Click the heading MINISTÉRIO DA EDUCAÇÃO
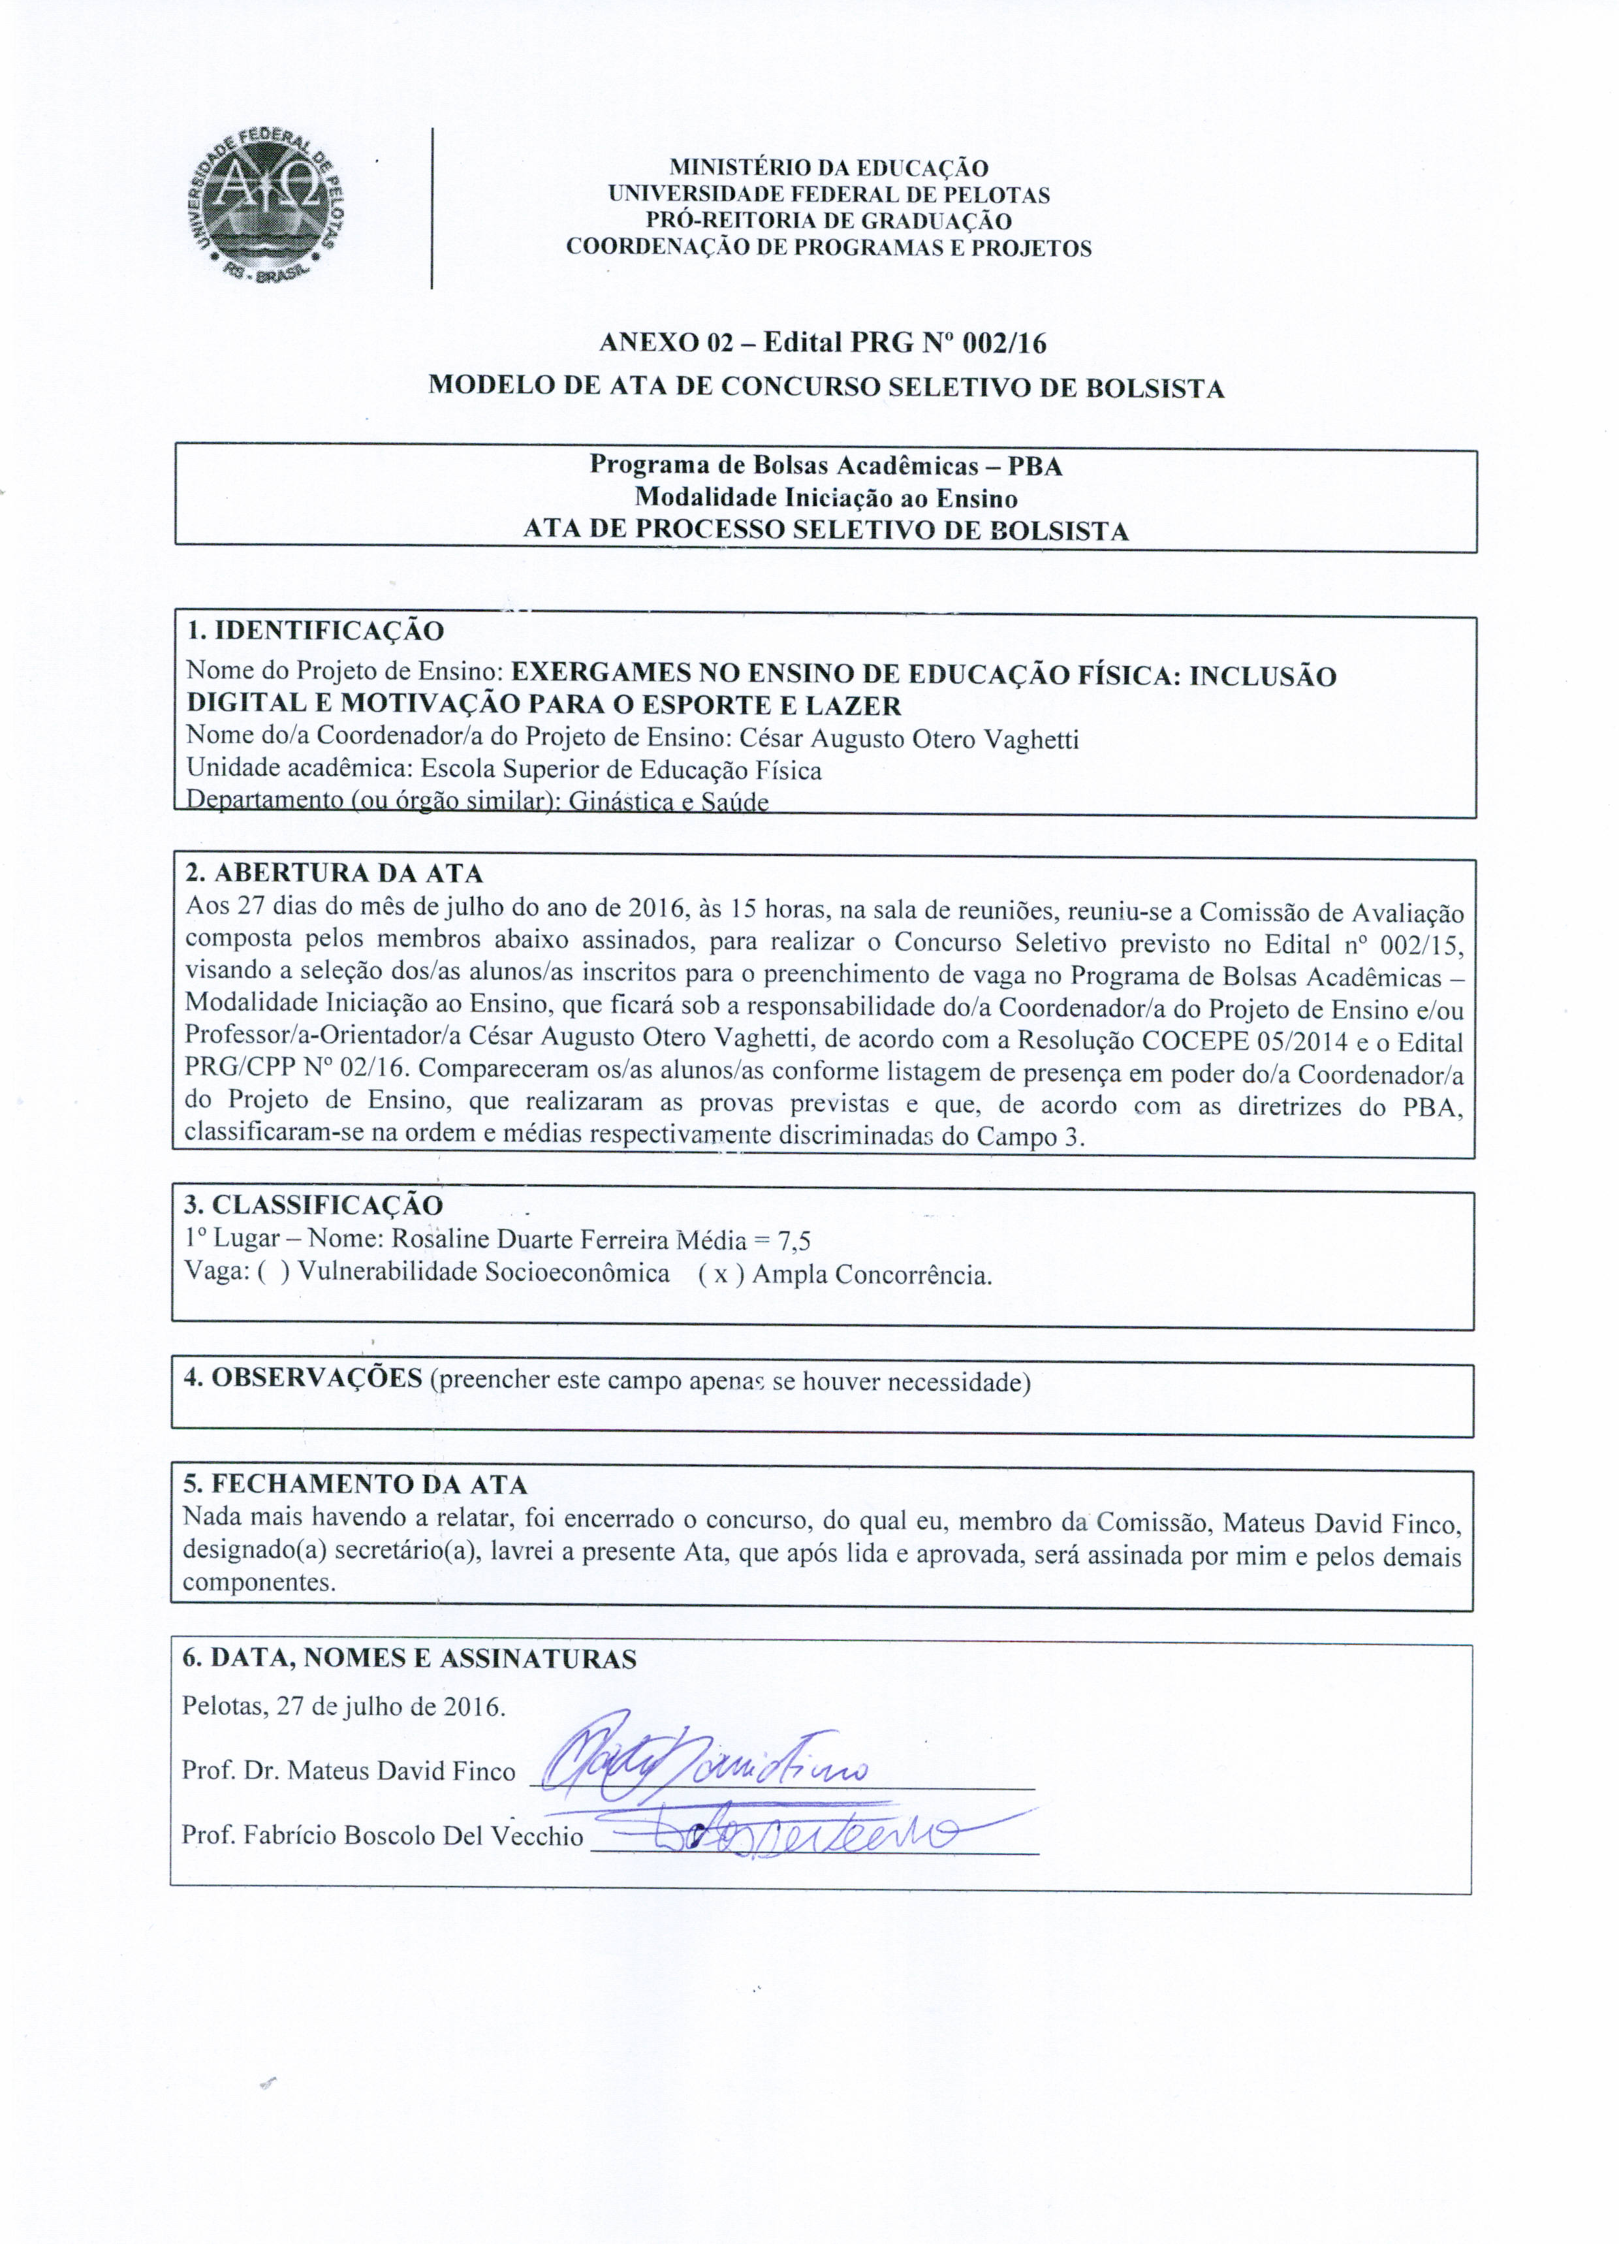pyautogui.click(x=828, y=168)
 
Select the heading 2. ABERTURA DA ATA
pyautogui.click(x=334, y=874)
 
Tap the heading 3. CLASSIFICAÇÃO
pyautogui.click(x=313, y=1205)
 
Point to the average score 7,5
pyautogui.click(x=794, y=1241)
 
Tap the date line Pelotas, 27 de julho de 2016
pyautogui.click(x=343, y=1707)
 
